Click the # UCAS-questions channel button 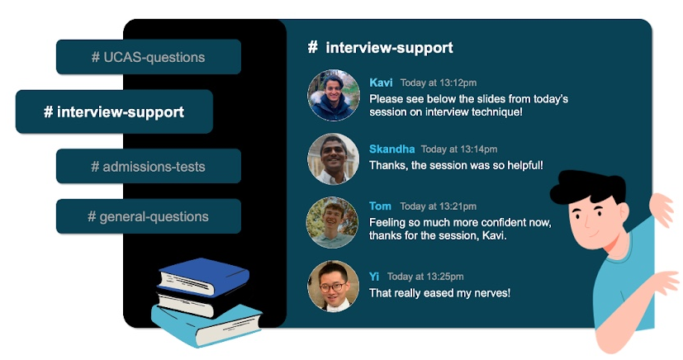point(149,57)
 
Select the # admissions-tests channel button point(149,166)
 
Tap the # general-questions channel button point(149,216)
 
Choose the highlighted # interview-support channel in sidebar point(114,111)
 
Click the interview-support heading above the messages point(380,47)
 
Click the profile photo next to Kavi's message point(333,95)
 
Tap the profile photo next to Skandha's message point(333,159)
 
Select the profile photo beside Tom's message point(332,222)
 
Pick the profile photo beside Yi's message point(333,286)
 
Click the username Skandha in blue point(391,149)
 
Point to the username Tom point(380,206)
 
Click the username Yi point(374,277)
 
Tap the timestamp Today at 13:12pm point(439,83)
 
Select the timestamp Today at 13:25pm point(425,277)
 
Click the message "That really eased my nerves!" point(439,293)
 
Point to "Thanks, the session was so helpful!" point(456,165)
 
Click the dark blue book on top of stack point(203,276)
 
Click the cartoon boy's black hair point(588,186)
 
